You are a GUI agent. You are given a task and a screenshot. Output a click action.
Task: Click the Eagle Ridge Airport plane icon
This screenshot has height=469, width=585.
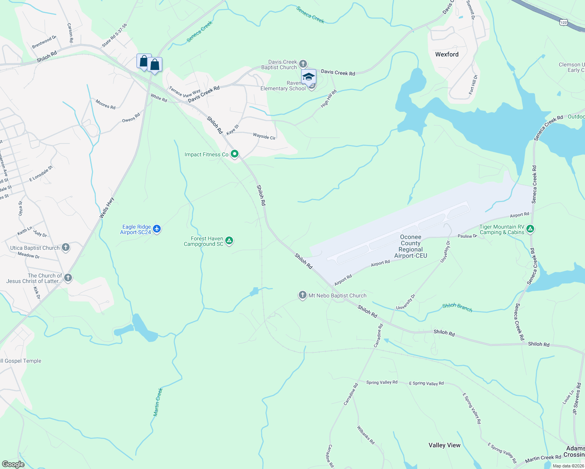(x=157, y=229)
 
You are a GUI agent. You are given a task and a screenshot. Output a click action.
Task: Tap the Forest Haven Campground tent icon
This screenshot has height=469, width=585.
(x=230, y=241)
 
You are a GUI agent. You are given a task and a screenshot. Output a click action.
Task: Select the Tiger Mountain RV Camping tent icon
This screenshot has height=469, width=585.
(x=530, y=229)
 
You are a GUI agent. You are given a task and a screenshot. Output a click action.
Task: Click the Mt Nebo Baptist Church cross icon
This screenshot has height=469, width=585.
(x=302, y=295)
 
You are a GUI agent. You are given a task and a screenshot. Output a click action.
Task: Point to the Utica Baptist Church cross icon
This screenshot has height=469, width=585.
(x=66, y=247)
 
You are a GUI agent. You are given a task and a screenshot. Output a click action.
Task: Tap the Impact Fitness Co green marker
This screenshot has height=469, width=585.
(x=235, y=154)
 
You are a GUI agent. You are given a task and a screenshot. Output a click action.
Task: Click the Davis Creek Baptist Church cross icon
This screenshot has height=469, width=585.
(x=303, y=64)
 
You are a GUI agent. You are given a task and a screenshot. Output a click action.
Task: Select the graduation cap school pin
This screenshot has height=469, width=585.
(x=309, y=77)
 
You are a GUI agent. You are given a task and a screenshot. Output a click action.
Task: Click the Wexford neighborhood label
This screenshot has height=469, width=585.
(x=447, y=54)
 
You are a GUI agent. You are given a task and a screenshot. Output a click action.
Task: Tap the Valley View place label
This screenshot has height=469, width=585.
(x=444, y=445)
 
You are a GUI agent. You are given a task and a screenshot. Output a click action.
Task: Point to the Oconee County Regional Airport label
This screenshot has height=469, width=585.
(x=411, y=246)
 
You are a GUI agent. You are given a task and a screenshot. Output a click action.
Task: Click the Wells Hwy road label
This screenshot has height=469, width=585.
(x=107, y=208)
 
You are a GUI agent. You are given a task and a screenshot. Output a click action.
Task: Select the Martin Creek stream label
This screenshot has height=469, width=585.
(x=158, y=402)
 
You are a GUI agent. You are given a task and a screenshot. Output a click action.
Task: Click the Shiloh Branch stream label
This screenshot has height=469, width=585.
(x=457, y=308)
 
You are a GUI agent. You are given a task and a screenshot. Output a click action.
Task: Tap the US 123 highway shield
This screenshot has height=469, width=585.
(x=563, y=23)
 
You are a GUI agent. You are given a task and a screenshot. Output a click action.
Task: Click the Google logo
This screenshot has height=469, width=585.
(x=13, y=464)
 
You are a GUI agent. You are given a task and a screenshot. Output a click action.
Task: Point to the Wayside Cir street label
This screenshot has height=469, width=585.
(x=264, y=136)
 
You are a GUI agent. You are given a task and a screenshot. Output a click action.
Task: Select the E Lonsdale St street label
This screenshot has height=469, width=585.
(x=41, y=174)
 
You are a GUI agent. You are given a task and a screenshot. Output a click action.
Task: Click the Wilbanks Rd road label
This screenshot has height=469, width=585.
(x=366, y=435)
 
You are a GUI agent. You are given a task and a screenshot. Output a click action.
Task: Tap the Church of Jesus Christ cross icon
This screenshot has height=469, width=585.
(x=68, y=278)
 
